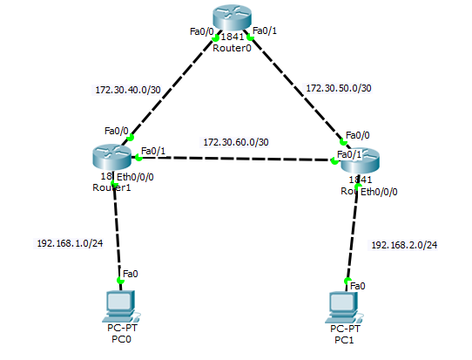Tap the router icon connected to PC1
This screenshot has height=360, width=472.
pyautogui.click(x=361, y=160)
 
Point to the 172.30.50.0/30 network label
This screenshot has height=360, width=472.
pyautogui.click(x=340, y=88)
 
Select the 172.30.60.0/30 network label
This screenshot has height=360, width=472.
pyautogui.click(x=235, y=141)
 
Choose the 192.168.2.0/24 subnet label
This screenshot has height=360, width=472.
pyautogui.click(x=404, y=245)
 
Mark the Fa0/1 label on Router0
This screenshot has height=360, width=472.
pyautogui.click(x=264, y=31)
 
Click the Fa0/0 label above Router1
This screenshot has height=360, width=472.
pyautogui.click(x=116, y=131)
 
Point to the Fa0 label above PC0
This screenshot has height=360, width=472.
pyautogui.click(x=130, y=274)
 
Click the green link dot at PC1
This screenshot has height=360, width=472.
pyautogui.click(x=347, y=282)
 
